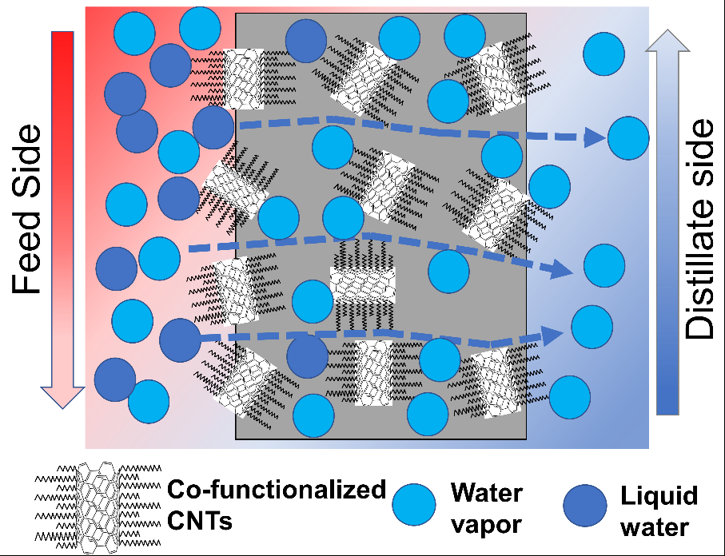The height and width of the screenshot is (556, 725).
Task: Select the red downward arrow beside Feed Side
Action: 62,216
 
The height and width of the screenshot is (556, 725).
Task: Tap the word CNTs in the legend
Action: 201,522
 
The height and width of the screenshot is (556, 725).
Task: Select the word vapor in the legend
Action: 487,525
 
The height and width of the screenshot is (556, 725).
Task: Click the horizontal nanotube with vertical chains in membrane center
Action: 364,283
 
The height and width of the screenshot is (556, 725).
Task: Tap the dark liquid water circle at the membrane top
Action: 306,40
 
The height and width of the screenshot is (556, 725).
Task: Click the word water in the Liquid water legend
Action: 655,526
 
